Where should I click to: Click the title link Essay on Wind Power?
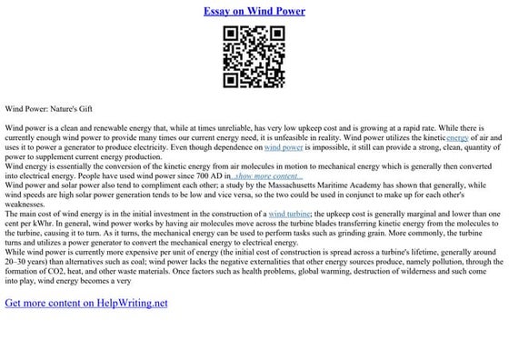click(254, 12)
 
